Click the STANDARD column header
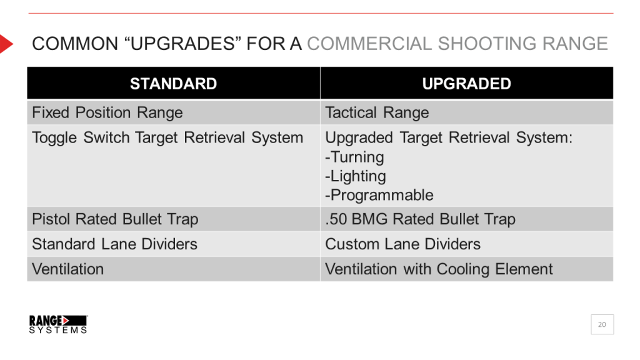173,84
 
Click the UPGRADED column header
466,84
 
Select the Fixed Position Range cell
107,113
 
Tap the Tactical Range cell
377,113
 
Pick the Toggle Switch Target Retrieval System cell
167,137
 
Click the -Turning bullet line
354,157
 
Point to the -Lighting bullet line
356,176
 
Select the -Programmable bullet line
379,195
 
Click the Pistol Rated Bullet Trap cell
115,219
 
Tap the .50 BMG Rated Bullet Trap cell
420,219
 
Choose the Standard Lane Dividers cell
114,244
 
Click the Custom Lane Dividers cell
402,244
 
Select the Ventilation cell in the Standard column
68,269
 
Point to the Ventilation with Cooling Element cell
439,269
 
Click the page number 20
602,324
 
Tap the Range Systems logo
58,324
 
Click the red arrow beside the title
6,44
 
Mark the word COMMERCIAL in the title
369,44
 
